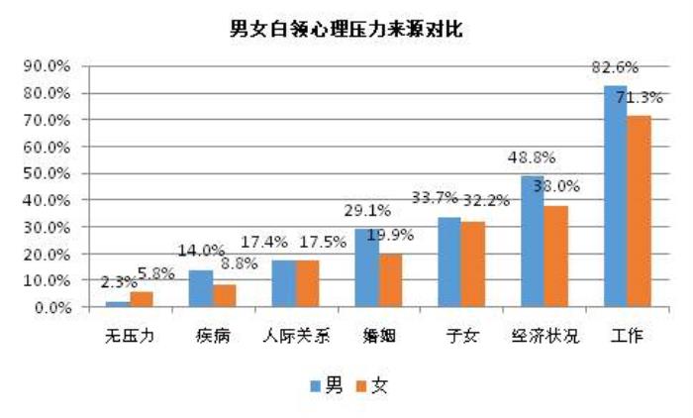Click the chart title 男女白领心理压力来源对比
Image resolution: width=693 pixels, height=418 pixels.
pyautogui.click(x=346, y=29)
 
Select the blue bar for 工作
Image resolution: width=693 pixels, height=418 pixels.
pyautogui.click(x=616, y=196)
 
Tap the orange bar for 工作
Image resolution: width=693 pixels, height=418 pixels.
pyautogui.click(x=640, y=211)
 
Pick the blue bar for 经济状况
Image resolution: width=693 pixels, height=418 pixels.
pyautogui.click(x=533, y=241)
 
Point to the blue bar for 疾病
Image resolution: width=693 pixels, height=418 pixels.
pyautogui.click(x=200, y=288)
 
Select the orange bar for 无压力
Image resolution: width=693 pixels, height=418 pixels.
pyautogui.click(x=141, y=299)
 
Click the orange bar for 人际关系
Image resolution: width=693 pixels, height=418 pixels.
pyautogui.click(x=307, y=283)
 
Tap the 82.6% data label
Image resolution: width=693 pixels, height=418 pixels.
pyautogui.click(x=615, y=66)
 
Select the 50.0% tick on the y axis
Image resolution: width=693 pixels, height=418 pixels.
pyautogui.click(x=48, y=173)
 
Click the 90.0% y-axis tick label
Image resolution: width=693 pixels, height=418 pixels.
pyautogui.click(x=48, y=66)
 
